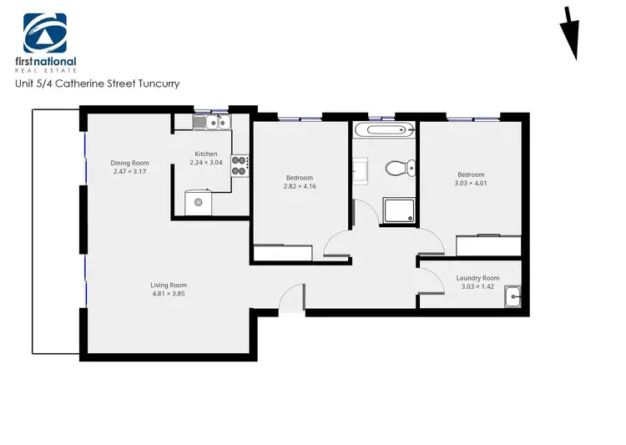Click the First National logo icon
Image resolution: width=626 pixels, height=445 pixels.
pyautogui.click(x=46, y=33)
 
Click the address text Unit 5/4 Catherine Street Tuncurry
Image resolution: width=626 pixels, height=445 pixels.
pyautogui.click(x=98, y=83)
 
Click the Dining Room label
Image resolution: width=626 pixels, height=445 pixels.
pyautogui.click(x=129, y=163)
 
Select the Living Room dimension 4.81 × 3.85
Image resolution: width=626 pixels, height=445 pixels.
pyautogui.click(x=169, y=294)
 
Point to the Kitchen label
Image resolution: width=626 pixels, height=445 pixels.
pyautogui.click(x=206, y=154)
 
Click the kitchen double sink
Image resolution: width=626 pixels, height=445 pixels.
pyautogui.click(x=211, y=123)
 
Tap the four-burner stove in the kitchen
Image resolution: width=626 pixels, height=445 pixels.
pyautogui.click(x=240, y=165)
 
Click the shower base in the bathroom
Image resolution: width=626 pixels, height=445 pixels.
pyautogui.click(x=398, y=210)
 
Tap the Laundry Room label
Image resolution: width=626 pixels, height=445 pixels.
pyautogui.click(x=477, y=278)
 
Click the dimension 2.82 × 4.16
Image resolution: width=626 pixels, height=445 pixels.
pyautogui.click(x=300, y=187)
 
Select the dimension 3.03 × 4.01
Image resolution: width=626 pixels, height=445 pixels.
pyautogui.click(x=470, y=183)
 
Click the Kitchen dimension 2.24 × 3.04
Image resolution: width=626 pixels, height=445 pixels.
pyautogui.click(x=206, y=162)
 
